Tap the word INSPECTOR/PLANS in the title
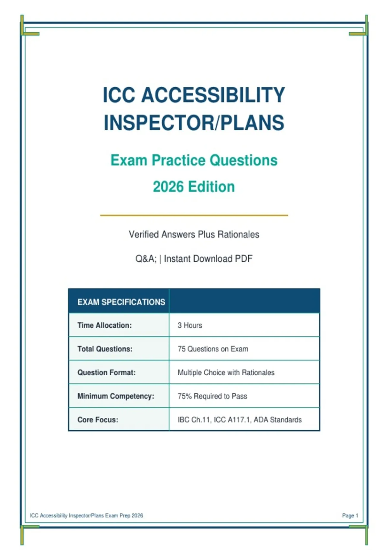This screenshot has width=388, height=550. click(194, 123)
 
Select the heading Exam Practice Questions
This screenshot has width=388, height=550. click(194, 160)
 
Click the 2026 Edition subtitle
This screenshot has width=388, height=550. click(194, 187)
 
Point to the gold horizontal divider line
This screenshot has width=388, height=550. click(194, 215)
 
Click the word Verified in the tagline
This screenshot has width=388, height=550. click(144, 234)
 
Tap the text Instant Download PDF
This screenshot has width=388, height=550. click(208, 258)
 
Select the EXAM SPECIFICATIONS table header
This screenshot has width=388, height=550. click(121, 302)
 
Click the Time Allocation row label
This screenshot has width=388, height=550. click(104, 325)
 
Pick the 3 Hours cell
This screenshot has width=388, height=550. click(190, 325)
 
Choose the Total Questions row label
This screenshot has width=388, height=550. click(105, 349)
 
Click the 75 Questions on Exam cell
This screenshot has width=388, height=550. click(213, 349)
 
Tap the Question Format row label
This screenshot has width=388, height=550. click(106, 372)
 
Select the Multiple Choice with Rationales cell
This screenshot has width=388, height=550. click(226, 372)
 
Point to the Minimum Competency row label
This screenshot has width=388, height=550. click(116, 396)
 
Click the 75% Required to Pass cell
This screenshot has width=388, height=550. click(212, 396)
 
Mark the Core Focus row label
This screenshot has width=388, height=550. click(98, 420)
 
